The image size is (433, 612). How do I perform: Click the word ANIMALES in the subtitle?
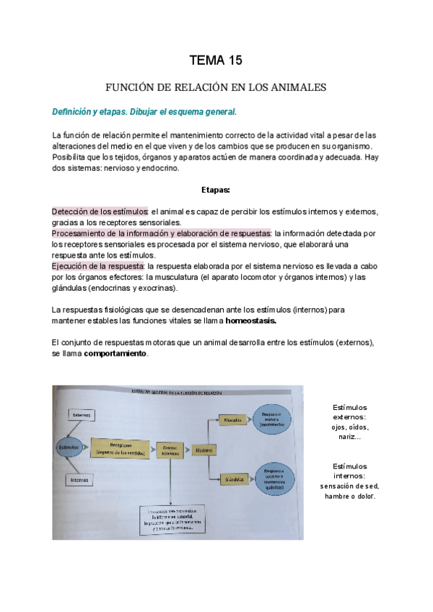pos(296,87)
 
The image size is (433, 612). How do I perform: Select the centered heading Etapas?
pos(216,190)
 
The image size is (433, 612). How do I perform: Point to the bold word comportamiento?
pos(115,354)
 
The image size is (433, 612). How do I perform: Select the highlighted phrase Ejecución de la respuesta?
pos(98,266)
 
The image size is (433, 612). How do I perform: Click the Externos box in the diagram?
pos(80,415)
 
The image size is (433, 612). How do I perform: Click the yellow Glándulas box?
pos(232,479)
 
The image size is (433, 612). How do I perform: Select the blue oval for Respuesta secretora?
pos(273,478)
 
